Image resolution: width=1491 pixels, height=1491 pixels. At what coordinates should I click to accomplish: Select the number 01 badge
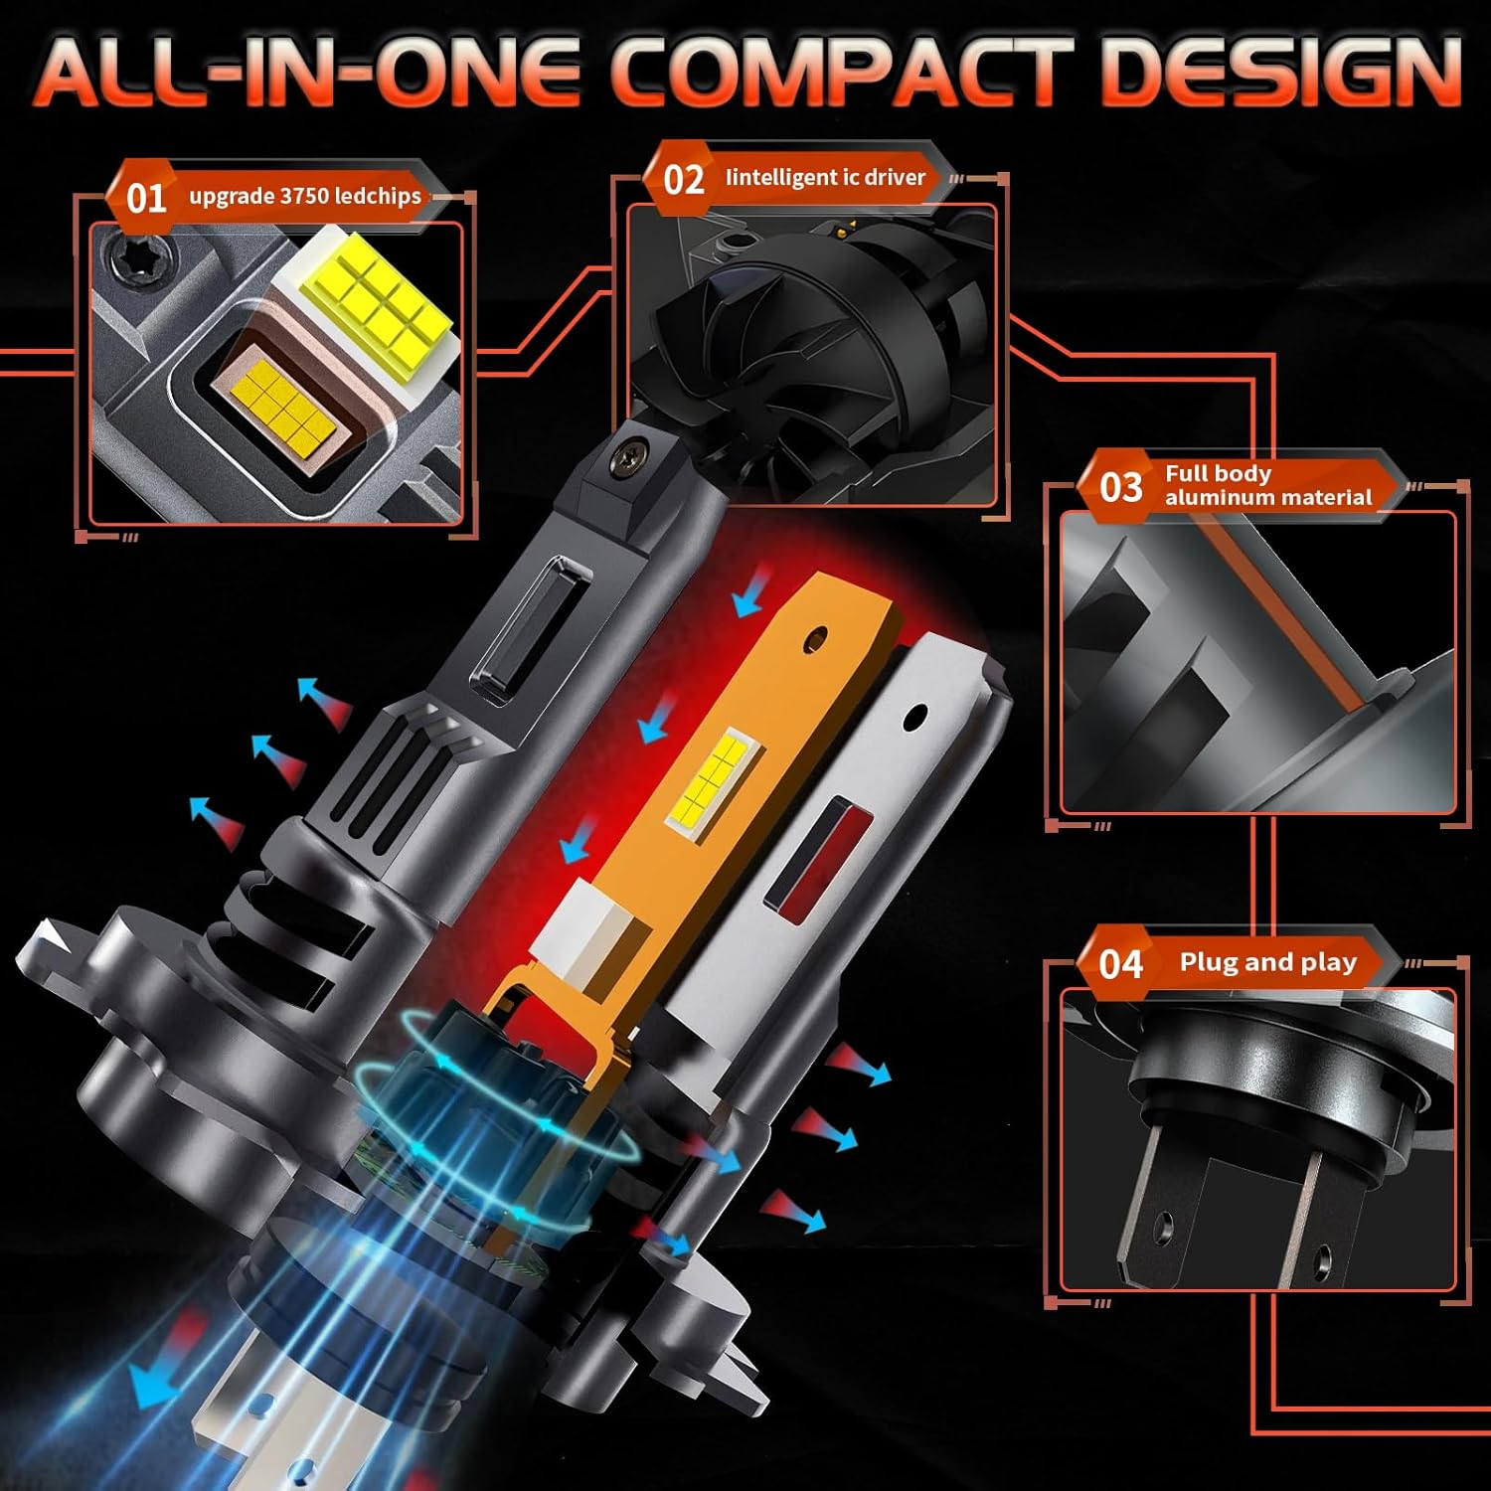(145, 197)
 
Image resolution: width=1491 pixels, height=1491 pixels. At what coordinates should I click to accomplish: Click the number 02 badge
(683, 180)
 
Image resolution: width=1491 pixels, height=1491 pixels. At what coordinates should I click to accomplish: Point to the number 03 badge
(1120, 487)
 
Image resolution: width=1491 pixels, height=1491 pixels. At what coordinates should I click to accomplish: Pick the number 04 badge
(1120, 963)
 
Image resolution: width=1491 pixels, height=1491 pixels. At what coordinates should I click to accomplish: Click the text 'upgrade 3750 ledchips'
(305, 196)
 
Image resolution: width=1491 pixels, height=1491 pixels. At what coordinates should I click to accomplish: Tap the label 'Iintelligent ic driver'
(825, 178)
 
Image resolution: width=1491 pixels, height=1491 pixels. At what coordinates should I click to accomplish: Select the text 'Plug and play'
(1267, 962)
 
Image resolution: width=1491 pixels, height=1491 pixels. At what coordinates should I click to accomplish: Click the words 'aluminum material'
(1267, 497)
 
